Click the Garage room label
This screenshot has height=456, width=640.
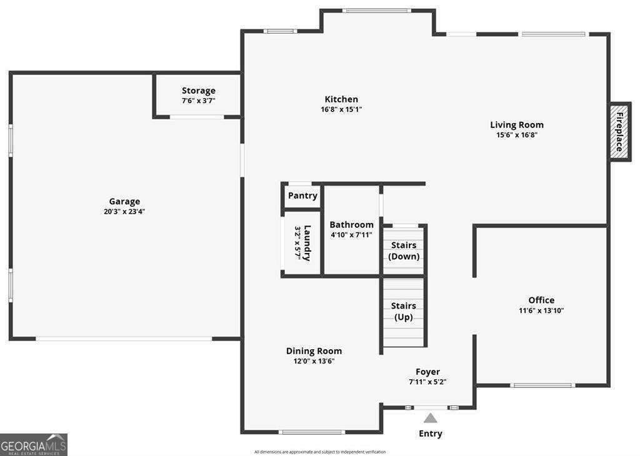tap(124, 201)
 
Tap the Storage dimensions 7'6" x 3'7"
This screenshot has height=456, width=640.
tap(198, 101)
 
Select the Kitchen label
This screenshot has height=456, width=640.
tap(341, 99)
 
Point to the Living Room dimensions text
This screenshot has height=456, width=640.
tap(517, 135)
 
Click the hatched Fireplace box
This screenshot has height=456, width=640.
tap(619, 132)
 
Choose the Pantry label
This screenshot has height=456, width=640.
tap(302, 196)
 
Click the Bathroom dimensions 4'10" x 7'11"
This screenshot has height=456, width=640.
tap(351, 234)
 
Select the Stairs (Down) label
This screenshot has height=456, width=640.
tap(404, 250)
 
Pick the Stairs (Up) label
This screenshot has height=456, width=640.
tap(404, 311)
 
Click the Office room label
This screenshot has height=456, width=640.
tap(541, 300)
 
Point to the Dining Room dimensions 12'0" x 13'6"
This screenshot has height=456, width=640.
tap(314, 361)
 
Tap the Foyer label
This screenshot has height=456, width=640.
tap(427, 372)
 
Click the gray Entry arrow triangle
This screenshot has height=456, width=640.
tap(430, 419)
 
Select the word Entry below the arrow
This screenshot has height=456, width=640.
tap(431, 434)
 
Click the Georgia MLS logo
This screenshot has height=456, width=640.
tap(34, 445)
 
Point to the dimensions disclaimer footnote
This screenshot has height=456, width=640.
tap(320, 452)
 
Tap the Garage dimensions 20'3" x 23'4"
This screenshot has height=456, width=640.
tap(124, 211)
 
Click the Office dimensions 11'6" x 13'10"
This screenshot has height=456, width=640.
tap(541, 310)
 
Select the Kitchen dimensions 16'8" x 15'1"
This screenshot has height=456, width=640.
tap(341, 109)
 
